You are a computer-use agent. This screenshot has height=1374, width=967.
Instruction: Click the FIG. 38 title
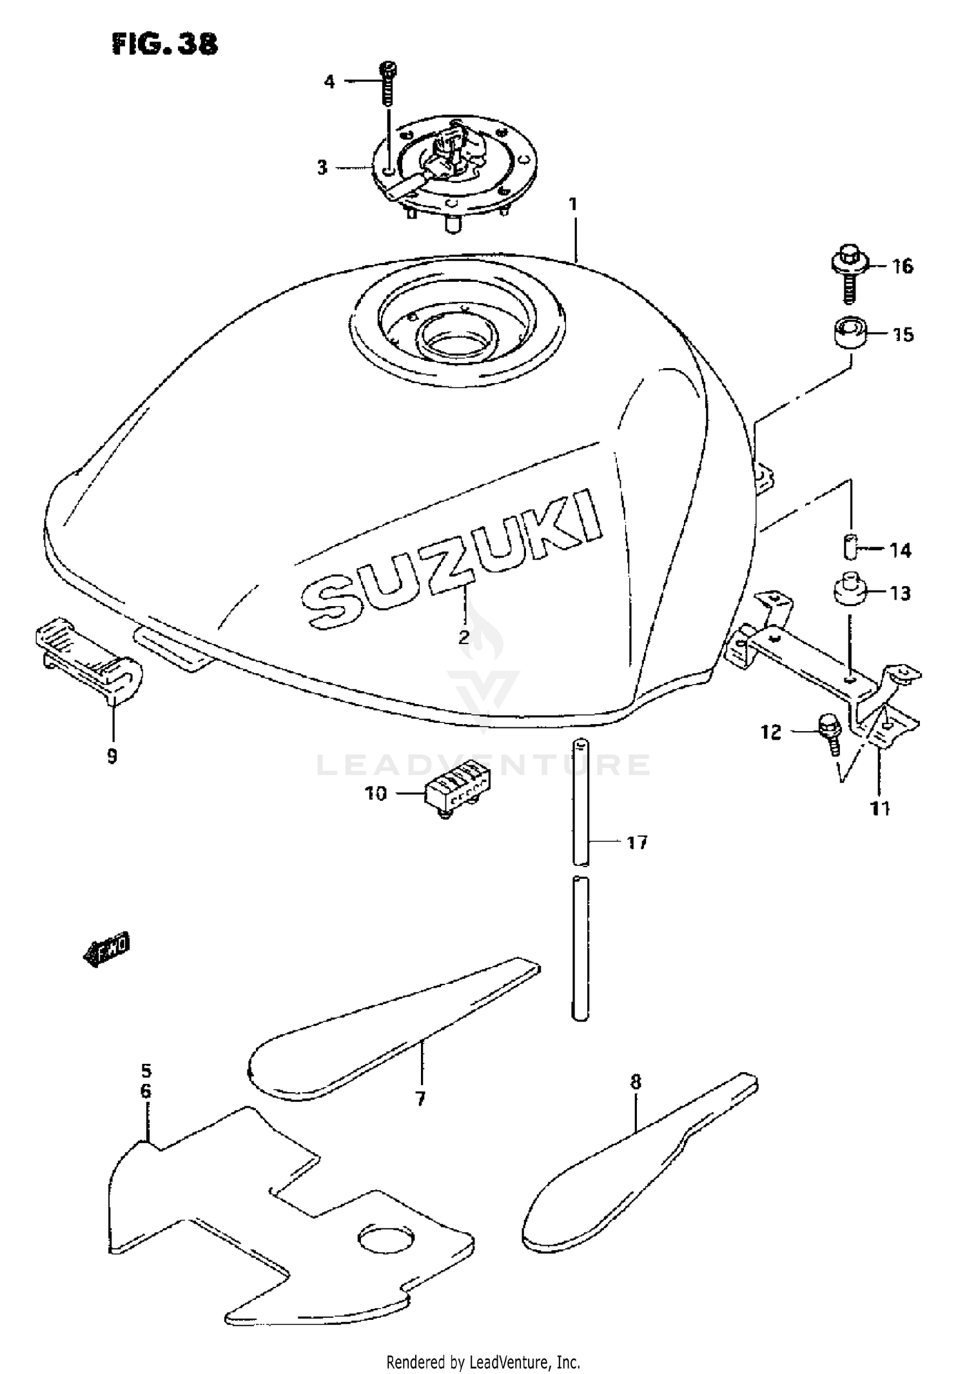[165, 44]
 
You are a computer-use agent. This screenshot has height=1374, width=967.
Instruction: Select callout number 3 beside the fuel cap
[322, 168]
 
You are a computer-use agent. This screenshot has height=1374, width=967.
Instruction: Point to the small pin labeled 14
[850, 547]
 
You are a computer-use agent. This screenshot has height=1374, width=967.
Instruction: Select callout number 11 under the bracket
[880, 807]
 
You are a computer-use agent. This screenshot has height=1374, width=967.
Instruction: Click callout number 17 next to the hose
[637, 842]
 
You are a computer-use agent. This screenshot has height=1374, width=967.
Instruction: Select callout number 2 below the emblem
[464, 637]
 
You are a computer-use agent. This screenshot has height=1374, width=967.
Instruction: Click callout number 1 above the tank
[573, 205]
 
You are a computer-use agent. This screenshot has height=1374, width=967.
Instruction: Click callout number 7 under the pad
[420, 1097]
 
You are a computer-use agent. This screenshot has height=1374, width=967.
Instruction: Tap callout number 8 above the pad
[636, 1081]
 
